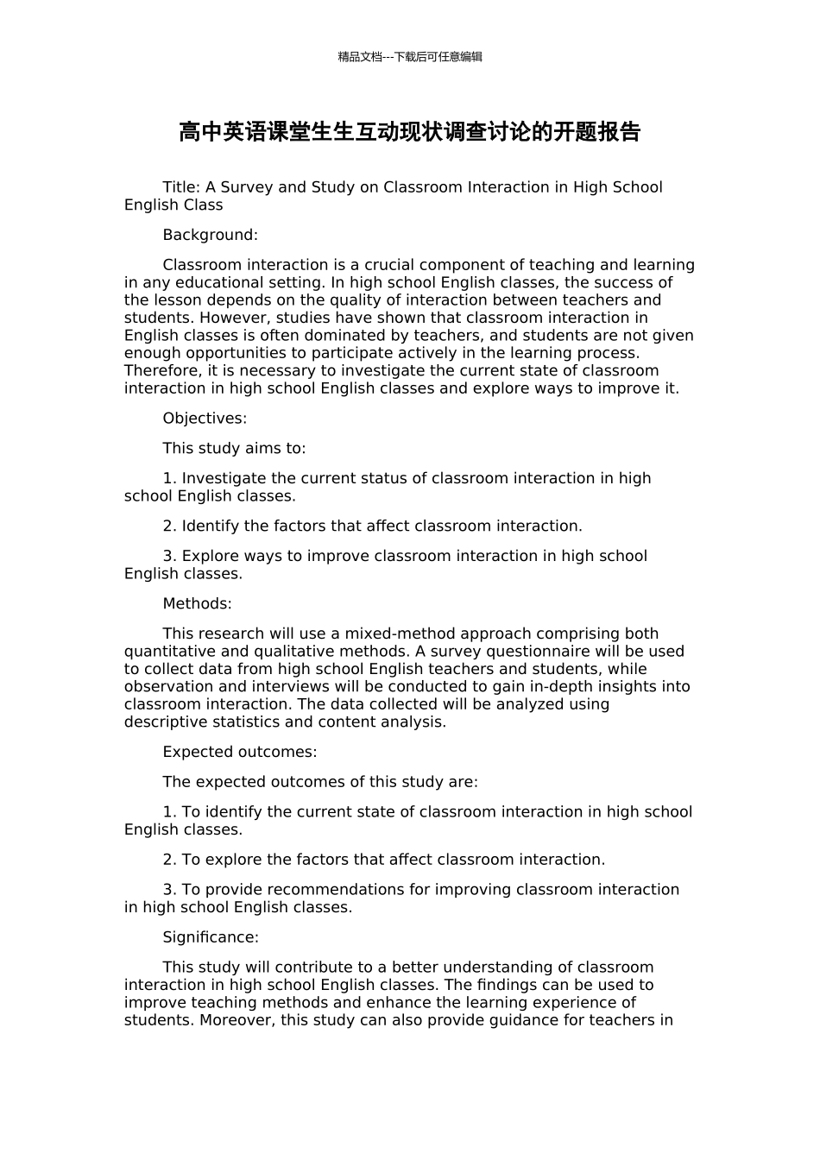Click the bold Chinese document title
click(x=409, y=132)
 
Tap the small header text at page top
click(x=409, y=57)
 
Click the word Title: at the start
click(x=181, y=187)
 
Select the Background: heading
click(x=210, y=235)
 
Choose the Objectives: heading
click(x=205, y=419)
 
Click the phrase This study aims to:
click(x=234, y=449)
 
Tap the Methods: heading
click(x=197, y=603)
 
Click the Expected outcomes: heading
click(x=239, y=752)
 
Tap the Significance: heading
click(x=211, y=937)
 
